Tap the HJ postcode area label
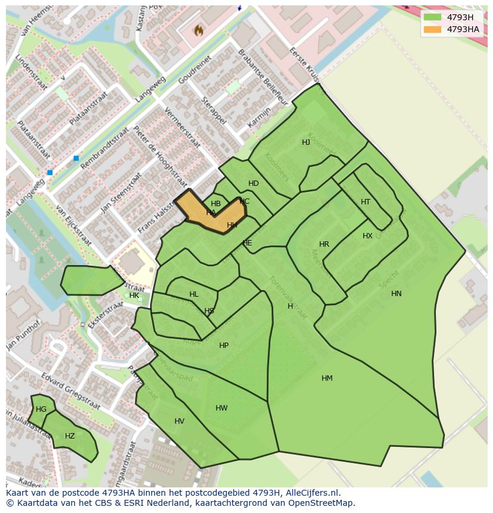coord(306,142)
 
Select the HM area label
coord(327,378)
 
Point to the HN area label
coord(397,294)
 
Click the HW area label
coord(221,408)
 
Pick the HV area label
coord(179,421)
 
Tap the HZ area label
coord(70,436)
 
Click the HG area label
coord(41,409)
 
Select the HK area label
coord(134,296)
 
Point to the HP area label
coord(224,346)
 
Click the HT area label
coord(366,202)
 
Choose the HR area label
coord(324,244)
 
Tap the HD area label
coord(254,184)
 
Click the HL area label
coord(194,294)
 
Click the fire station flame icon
coord(199,30)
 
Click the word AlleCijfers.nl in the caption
coord(313,493)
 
